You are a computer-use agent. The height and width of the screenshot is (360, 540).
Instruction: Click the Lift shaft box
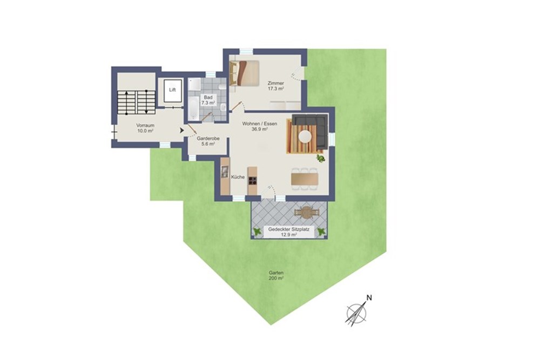tap(173, 91)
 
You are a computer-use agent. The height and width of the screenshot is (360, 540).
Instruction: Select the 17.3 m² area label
tap(276, 89)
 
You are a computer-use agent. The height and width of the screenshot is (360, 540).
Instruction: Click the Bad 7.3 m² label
tap(208, 100)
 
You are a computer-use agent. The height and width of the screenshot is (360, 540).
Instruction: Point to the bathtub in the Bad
tap(193, 108)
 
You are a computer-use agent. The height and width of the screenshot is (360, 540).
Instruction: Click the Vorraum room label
tap(145, 125)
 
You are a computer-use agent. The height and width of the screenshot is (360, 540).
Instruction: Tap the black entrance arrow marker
tap(182, 131)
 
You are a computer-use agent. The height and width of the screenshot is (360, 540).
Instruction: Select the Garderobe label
tap(208, 138)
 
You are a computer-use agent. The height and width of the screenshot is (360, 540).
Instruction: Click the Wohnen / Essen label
tap(260, 124)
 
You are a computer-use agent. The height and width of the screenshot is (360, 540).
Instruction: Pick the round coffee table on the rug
tap(305, 136)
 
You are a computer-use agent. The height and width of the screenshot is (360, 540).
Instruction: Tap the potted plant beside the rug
tap(321, 158)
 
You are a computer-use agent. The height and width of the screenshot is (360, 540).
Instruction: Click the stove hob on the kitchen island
tap(252, 181)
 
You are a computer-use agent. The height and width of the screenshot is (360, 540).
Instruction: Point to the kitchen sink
tap(225, 172)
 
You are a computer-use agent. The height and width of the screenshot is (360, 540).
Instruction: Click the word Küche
tap(238, 177)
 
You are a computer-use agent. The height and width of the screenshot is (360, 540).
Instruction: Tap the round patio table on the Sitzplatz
tap(305, 212)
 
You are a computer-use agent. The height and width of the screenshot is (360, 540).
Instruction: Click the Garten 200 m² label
tap(276, 275)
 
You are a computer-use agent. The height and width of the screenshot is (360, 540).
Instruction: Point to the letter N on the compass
tap(369, 298)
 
